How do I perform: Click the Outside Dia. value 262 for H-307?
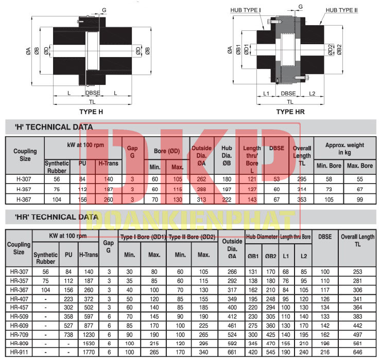pos(201,178)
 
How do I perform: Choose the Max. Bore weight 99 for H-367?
pos(359,199)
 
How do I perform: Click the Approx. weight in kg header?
pos(344,149)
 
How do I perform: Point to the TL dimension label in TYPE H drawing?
pos(92,102)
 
